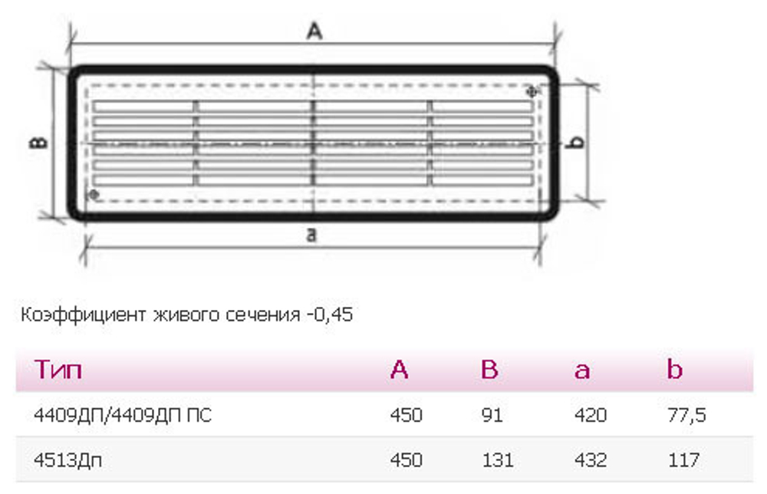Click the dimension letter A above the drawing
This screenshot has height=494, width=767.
click(x=314, y=31)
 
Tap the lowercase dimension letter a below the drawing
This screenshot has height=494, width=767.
click(x=311, y=235)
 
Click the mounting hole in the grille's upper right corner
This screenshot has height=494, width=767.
click(x=532, y=91)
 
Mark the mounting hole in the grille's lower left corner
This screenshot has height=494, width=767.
click(x=94, y=195)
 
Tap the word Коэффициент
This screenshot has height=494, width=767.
click(x=83, y=315)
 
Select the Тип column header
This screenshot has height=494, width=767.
click(x=58, y=369)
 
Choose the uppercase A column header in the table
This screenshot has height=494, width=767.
click(x=399, y=369)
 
